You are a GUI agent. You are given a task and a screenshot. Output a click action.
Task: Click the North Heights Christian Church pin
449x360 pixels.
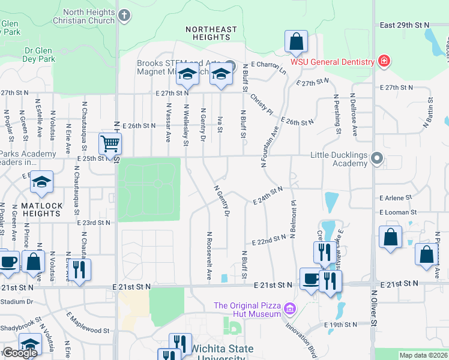(124, 16)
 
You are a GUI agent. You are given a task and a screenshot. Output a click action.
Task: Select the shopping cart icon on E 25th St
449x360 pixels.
(110, 144)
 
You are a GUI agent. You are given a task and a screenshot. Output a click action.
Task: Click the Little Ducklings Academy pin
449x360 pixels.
(377, 158)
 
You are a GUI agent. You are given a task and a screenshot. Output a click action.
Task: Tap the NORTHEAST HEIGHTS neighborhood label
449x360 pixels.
(211, 33)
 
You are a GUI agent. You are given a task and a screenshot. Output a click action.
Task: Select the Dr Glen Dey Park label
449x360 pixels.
(31, 59)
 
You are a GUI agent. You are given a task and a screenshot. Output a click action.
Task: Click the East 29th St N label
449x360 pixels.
(406, 25)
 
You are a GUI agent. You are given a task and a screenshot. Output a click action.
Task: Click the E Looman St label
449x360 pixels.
(398, 212)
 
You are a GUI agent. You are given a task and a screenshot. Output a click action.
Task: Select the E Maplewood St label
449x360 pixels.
(88, 322)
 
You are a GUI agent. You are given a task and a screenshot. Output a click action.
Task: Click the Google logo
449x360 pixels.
(20, 353)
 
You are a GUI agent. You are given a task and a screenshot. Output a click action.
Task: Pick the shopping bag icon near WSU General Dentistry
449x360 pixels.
(297, 41)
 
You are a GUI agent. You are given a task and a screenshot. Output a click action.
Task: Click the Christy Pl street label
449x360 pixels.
(262, 104)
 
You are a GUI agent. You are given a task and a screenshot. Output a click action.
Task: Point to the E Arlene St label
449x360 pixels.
(396, 197)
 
